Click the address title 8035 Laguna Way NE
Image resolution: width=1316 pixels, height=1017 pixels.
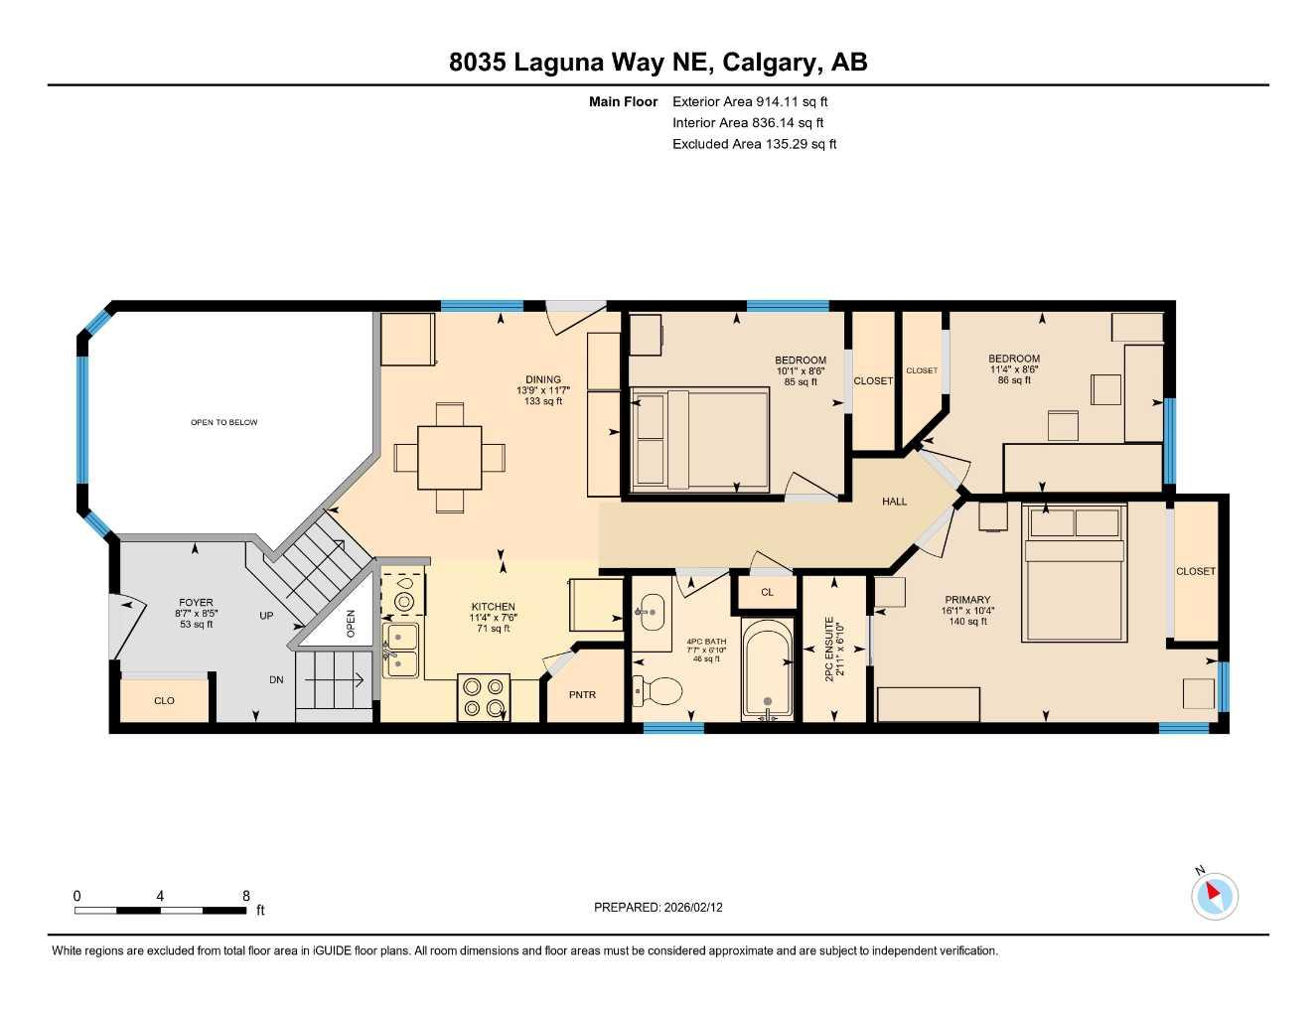pyautogui.click(x=658, y=62)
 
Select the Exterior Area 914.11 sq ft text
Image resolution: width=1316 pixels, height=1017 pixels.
pyautogui.click(x=749, y=101)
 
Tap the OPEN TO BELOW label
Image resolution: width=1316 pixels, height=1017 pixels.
pyautogui.click(x=223, y=422)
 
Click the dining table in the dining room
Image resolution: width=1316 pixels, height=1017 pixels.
pyautogui.click(x=449, y=457)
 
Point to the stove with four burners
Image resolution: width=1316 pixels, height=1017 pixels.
pyautogui.click(x=484, y=695)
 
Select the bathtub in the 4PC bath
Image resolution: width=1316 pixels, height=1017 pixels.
pyautogui.click(x=767, y=667)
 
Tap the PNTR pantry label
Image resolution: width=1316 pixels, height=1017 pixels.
pyautogui.click(x=582, y=694)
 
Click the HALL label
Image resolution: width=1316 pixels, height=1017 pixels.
pyautogui.click(x=894, y=502)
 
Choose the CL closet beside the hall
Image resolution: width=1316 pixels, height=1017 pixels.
pyautogui.click(x=767, y=592)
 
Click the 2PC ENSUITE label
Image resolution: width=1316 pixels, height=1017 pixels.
pyautogui.click(x=834, y=651)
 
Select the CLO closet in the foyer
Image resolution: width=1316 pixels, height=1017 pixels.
pyautogui.click(x=164, y=700)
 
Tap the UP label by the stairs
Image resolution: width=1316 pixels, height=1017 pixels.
pyautogui.click(x=266, y=616)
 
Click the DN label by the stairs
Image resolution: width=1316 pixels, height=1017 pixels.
pyautogui.click(x=276, y=680)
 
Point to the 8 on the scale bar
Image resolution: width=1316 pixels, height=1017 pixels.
pyautogui.click(x=246, y=896)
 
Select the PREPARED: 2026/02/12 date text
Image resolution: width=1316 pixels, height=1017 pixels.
pyautogui.click(x=658, y=907)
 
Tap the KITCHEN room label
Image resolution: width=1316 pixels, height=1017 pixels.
pyautogui.click(x=493, y=607)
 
